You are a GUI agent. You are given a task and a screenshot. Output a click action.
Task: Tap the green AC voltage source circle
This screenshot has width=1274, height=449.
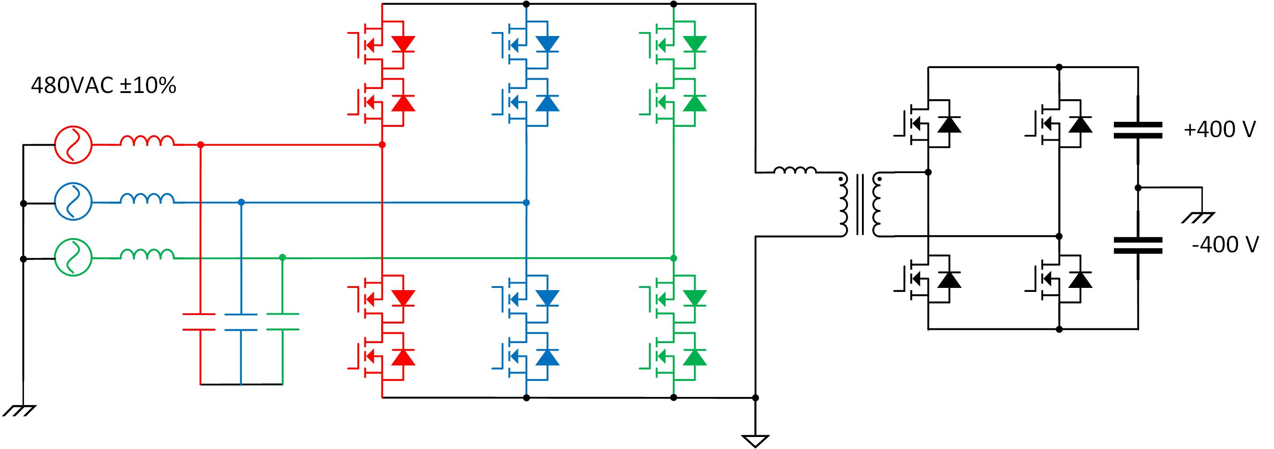(73, 258)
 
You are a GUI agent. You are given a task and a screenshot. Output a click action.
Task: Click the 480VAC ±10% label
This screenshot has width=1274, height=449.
(103, 86)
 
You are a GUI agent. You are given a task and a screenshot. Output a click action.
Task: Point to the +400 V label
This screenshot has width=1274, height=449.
(1220, 129)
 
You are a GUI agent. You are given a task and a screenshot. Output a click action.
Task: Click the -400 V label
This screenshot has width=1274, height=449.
(1225, 245)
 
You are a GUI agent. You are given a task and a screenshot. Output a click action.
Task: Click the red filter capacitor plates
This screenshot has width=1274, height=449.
(199, 321)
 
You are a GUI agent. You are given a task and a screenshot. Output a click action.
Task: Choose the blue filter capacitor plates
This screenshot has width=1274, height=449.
(240, 321)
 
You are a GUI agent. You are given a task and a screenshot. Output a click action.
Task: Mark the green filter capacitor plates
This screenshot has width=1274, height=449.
(282, 321)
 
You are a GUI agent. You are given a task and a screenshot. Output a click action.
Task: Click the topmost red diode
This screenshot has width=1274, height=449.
(403, 44)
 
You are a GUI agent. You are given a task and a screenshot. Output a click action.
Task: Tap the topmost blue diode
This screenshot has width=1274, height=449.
(547, 44)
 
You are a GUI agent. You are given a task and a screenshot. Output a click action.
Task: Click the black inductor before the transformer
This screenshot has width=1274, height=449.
(794, 170)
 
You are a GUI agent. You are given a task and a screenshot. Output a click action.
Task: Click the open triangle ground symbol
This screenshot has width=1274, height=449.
(755, 440)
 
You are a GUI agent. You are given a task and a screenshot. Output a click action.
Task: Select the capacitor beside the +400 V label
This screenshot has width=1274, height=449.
(1137, 130)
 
